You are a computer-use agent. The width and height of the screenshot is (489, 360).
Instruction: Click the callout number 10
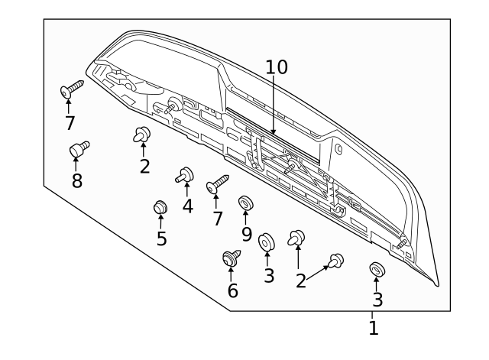tap(277, 67)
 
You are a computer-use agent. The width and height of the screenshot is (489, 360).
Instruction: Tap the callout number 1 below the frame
tap(373, 329)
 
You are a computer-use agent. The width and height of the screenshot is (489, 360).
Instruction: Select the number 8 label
tap(76, 180)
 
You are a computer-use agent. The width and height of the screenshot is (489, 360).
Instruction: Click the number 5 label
tap(161, 238)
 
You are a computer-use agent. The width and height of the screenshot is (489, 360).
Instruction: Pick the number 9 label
tap(246, 232)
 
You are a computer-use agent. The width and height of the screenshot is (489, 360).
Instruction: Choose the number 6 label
tap(232, 290)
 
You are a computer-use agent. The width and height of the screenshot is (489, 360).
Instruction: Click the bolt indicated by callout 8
tap(78, 149)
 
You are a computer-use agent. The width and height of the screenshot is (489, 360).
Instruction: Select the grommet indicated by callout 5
tap(160, 206)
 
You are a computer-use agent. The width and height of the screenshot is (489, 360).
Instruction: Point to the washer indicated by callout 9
tap(246, 203)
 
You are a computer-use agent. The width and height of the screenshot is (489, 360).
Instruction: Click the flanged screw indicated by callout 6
tap(231, 258)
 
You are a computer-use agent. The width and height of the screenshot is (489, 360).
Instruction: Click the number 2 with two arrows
tap(301, 281)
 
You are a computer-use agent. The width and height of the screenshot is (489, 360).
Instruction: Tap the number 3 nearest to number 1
tap(377, 300)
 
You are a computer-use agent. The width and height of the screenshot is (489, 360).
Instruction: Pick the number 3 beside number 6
tap(268, 275)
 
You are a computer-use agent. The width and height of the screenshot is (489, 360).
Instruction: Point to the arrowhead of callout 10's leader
tap(273, 135)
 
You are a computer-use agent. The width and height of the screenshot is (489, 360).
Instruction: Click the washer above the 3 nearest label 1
tap(376, 269)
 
